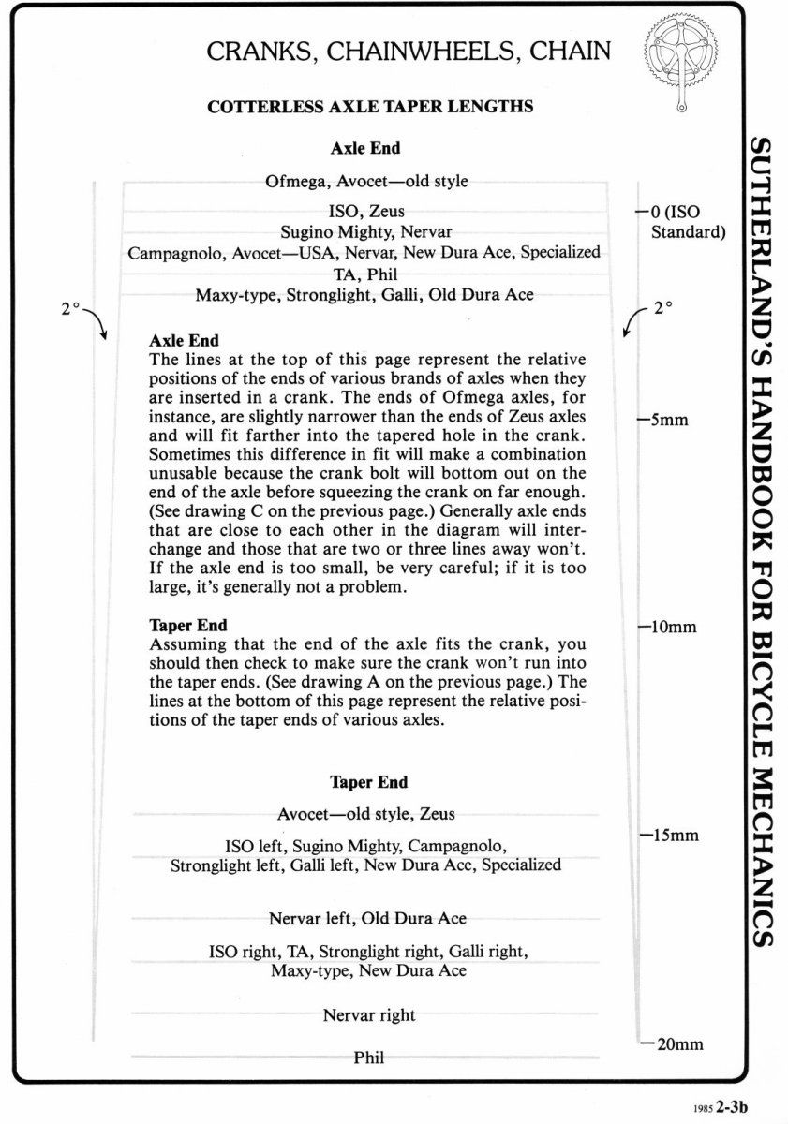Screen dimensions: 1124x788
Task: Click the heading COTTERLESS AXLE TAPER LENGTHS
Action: pos(370,107)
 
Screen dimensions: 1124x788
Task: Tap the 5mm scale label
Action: pos(666,420)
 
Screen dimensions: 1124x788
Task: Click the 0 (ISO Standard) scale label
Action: pos(684,222)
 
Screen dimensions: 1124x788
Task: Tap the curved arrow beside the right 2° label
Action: pos(633,321)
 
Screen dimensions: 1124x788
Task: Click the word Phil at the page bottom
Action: pos(369,1057)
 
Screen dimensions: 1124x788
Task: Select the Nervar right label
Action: pos(369,1015)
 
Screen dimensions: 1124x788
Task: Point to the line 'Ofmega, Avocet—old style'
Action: pos(366,181)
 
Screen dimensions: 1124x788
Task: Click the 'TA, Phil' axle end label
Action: pos(364,274)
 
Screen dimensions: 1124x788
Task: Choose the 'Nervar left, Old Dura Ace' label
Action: pos(367,918)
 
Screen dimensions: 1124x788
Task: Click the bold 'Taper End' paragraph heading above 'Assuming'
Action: pos(188,625)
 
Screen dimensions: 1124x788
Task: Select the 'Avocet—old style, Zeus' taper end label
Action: pos(366,813)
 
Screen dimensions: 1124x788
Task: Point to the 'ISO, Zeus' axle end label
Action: pos(361,212)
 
